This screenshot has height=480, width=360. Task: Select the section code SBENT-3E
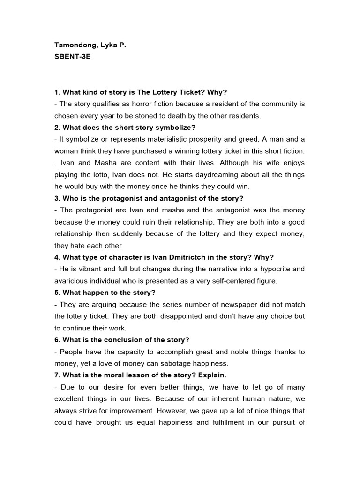pyautogui.click(x=73, y=59)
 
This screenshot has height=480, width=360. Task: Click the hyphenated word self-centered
pyautogui.click(x=232, y=281)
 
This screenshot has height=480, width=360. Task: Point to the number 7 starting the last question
pyautogui.click(x=56, y=375)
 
